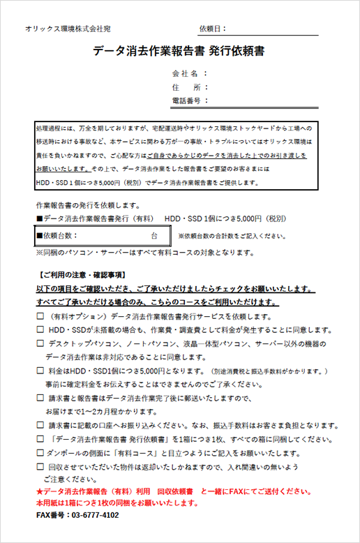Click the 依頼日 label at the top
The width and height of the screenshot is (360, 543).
[x=212, y=29]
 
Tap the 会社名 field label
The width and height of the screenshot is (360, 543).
[x=186, y=73]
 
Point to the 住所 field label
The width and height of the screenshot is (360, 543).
[x=186, y=87]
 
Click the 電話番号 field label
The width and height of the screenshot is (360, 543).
[x=186, y=101]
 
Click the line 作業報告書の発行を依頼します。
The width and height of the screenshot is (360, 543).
[x=87, y=206]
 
